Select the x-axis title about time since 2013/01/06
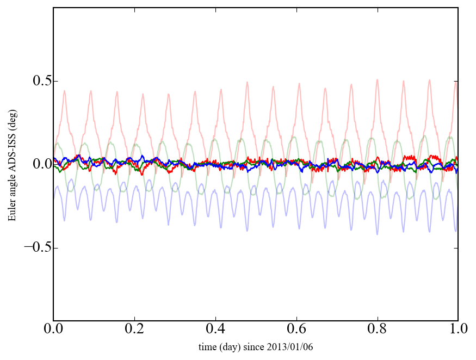pos(256,347)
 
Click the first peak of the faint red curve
pos(65,91)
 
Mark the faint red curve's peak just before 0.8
pos(377,79)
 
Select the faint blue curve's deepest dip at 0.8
pos(377,234)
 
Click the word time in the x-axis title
pos(207,347)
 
